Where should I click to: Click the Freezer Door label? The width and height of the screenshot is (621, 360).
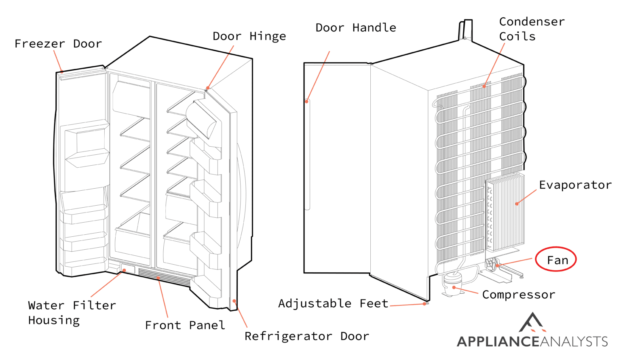click(x=58, y=44)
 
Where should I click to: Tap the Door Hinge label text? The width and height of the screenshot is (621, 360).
click(x=249, y=36)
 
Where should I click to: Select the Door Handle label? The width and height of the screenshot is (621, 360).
click(x=355, y=28)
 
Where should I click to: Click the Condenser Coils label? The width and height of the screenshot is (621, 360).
click(x=531, y=29)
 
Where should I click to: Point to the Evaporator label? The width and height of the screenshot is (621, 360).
click(x=575, y=185)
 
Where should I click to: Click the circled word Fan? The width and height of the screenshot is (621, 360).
click(x=557, y=260)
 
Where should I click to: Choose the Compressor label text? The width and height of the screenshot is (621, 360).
click(x=518, y=295)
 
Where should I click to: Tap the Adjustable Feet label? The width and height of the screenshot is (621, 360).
click(x=333, y=303)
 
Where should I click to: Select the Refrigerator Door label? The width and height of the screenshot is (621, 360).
click(x=306, y=336)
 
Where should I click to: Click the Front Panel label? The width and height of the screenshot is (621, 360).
click(x=185, y=325)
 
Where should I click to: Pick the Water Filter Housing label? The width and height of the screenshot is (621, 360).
click(x=72, y=313)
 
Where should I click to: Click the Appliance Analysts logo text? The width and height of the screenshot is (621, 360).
click(x=532, y=341)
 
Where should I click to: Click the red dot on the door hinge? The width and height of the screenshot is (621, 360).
click(x=208, y=88)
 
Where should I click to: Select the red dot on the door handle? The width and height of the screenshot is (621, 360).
click(x=307, y=101)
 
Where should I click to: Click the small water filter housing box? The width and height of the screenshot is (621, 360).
click(x=128, y=269)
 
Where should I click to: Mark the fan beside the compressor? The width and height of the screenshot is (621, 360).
click(x=492, y=265)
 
